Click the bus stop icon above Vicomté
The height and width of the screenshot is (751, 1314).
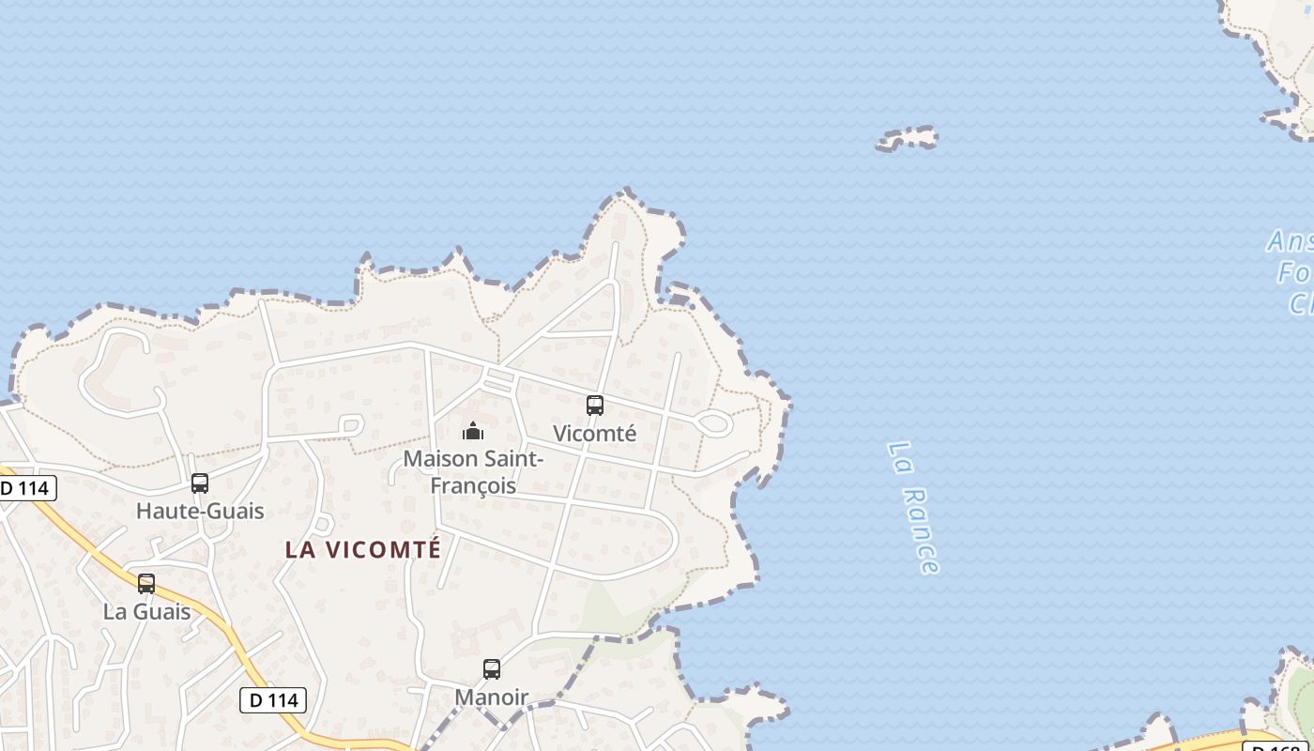594,406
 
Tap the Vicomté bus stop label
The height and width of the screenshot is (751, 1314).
594,434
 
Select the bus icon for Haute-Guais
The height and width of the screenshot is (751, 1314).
200,483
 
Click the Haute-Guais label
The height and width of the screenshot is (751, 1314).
200,512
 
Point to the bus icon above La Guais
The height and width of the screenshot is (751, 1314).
146,584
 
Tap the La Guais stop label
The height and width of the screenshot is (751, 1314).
146,612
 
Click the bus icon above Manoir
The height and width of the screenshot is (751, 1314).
492,669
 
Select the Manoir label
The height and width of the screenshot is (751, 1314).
492,697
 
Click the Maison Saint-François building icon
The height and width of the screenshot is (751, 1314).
473,431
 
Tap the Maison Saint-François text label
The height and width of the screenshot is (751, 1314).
473,472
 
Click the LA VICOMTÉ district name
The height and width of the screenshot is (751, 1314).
363,550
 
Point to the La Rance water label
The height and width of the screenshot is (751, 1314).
912,507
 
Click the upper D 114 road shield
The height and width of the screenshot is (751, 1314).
26,488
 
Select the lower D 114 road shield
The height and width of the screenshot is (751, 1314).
273,700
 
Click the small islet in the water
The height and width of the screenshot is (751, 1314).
907,139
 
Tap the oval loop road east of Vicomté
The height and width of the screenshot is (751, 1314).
714,423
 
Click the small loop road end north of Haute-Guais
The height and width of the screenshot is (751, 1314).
353,425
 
